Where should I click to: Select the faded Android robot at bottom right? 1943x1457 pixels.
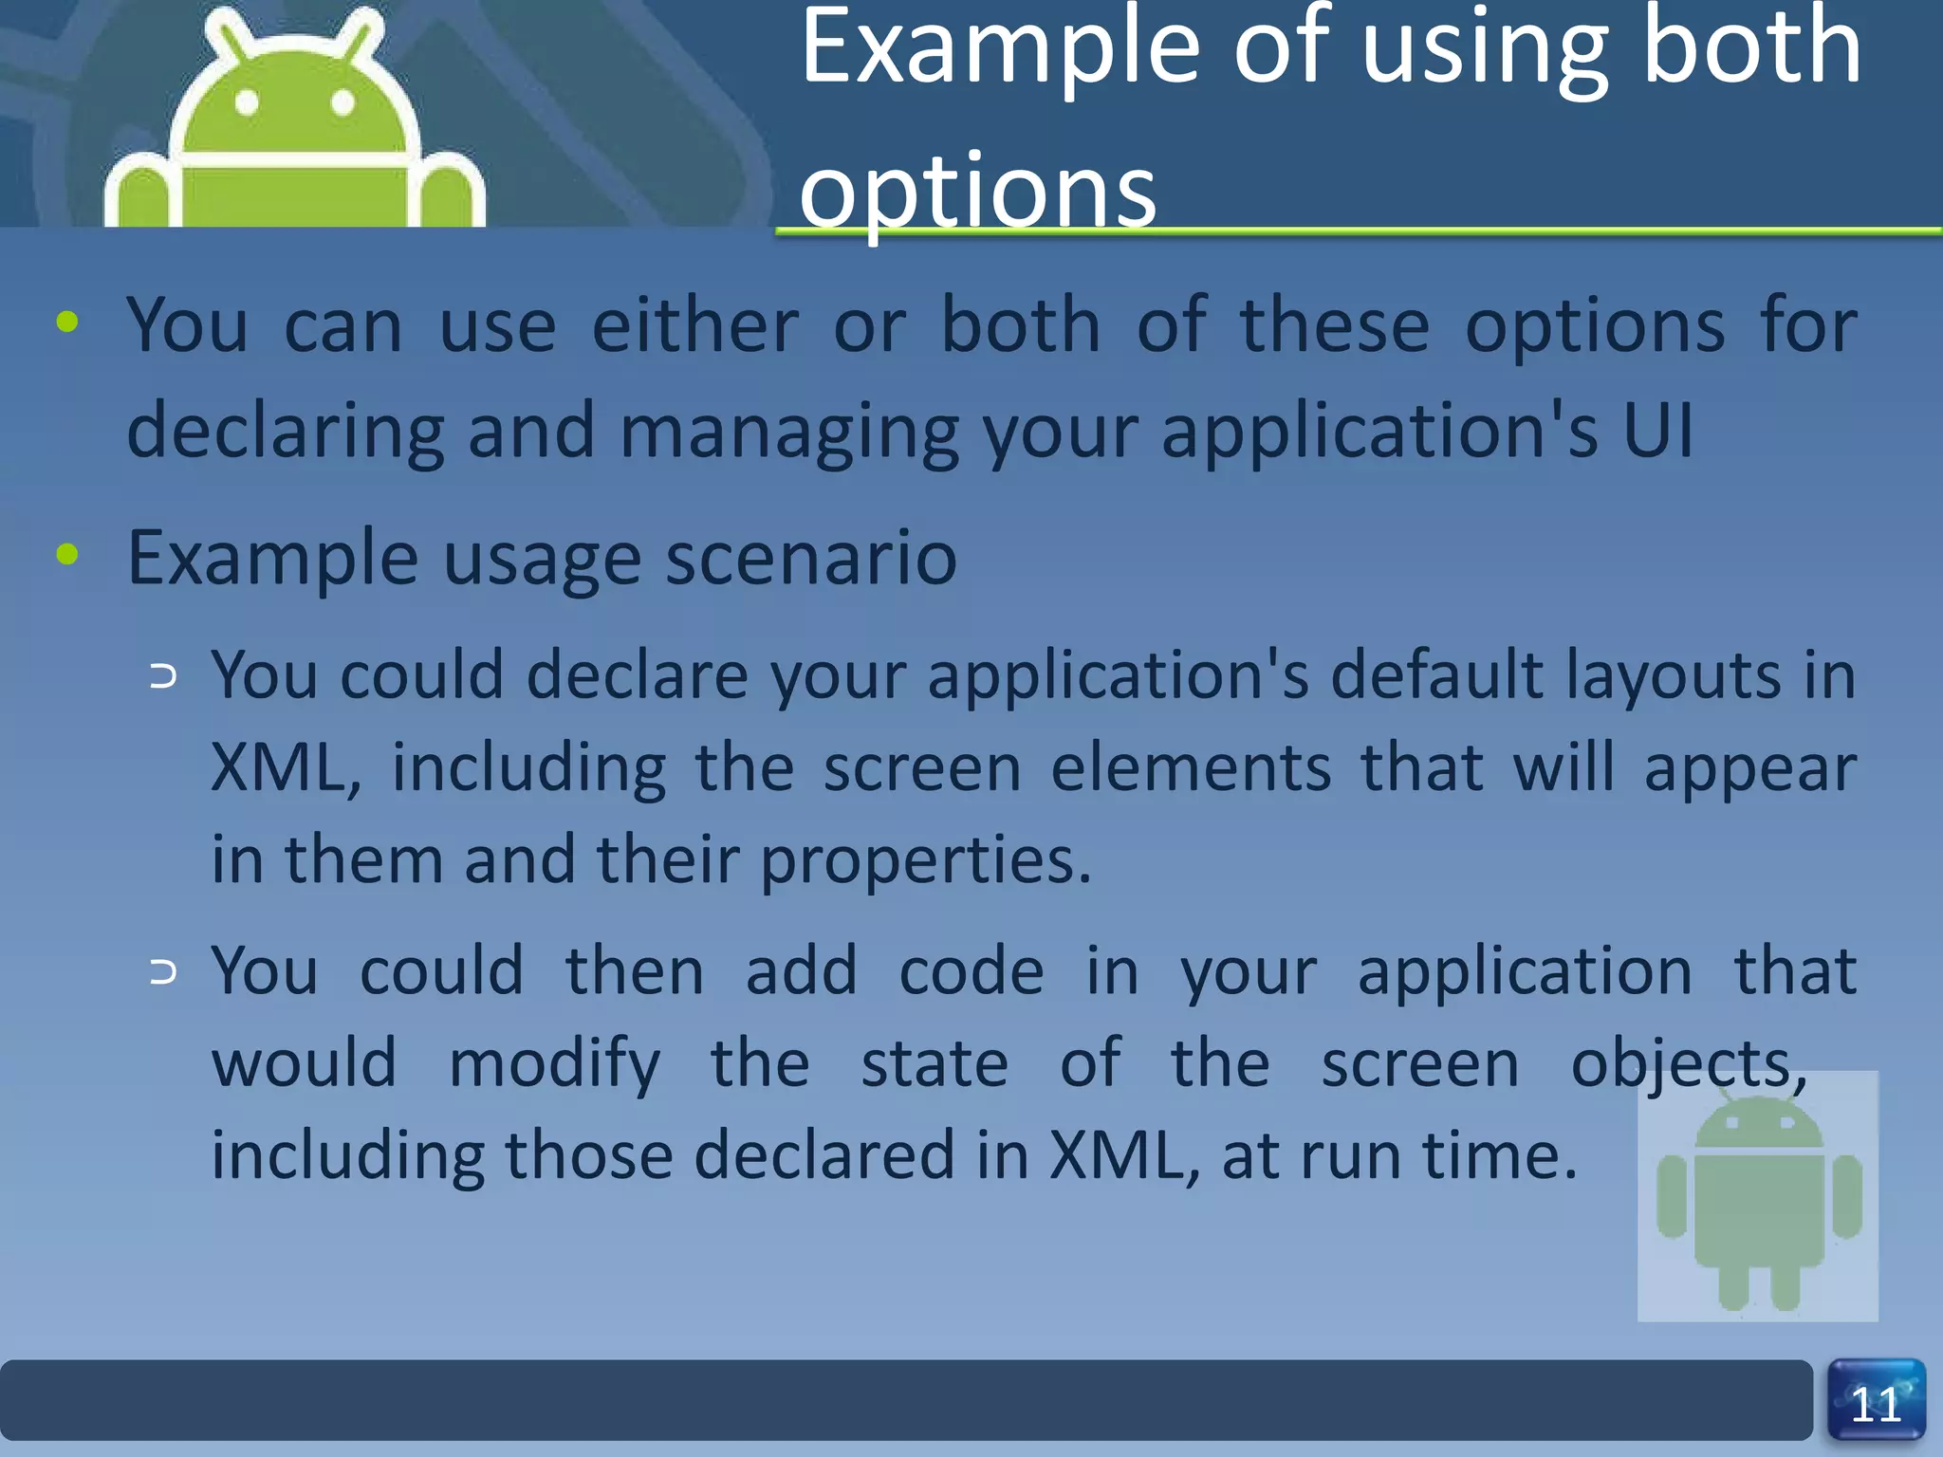tap(1758, 1197)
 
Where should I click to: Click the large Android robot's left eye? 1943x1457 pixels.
tap(247, 102)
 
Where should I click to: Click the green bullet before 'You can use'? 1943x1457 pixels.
tap(67, 323)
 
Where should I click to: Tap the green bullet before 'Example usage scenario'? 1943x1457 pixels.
tap(67, 554)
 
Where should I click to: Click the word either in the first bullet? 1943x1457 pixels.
tap(695, 324)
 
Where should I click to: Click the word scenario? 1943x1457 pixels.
tap(811, 558)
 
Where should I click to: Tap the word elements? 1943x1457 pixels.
tap(1191, 767)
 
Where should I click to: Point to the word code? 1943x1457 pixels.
tap(971, 971)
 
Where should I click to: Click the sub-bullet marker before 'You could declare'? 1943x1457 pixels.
tap(163, 676)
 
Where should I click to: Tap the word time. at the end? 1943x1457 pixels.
tap(1500, 1155)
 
